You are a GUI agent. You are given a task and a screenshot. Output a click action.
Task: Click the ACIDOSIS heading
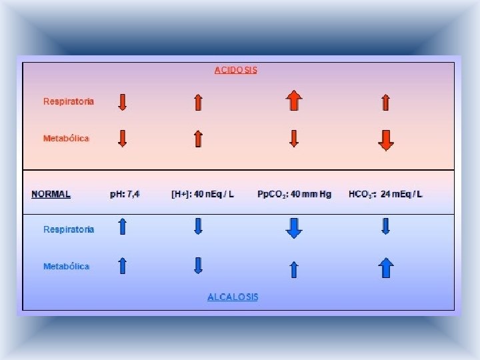pos(235,69)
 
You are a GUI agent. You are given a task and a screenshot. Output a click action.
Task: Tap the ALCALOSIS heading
pos(233,297)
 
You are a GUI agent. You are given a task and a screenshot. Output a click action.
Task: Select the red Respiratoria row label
pos(69,101)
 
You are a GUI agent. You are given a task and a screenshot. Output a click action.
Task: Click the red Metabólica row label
pos(66,138)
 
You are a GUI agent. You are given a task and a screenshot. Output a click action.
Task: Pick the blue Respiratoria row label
pos(69,229)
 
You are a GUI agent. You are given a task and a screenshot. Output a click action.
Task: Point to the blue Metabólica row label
pos(66,266)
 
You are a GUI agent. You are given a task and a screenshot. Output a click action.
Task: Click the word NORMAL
pos(51,194)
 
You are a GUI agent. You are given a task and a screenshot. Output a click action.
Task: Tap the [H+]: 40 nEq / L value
pos(203,194)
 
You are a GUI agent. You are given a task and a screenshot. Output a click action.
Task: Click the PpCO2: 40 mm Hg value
pos(294,194)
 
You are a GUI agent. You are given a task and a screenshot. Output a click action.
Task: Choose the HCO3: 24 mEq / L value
pos(385,194)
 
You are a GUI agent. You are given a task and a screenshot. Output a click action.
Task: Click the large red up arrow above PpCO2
pos(294,101)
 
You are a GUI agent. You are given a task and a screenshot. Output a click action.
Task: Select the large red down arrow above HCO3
pos(385,140)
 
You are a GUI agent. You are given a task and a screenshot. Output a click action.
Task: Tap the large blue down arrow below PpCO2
pos(294,229)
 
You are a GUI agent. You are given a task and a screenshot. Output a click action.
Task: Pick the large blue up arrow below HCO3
pos(386,267)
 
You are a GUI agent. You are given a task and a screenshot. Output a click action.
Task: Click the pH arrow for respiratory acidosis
pos(122,102)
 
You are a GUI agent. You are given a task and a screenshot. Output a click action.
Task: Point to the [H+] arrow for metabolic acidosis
pos(198,139)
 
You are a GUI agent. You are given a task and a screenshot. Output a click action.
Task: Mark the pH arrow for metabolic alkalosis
pos(122,267)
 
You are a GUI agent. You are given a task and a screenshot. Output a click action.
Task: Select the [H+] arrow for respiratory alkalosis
pos(198,227)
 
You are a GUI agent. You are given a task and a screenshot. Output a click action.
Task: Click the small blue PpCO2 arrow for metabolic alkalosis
pos(294,269)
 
